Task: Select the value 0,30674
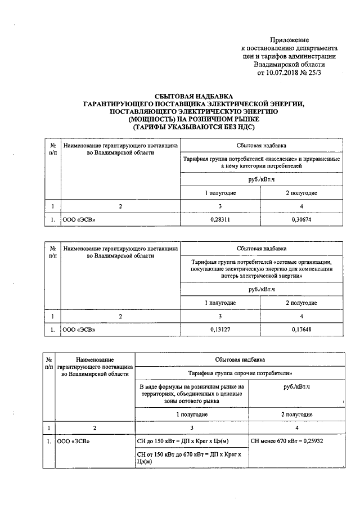pyautogui.click(x=301, y=220)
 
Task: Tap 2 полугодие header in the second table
pyautogui.click(x=301, y=303)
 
